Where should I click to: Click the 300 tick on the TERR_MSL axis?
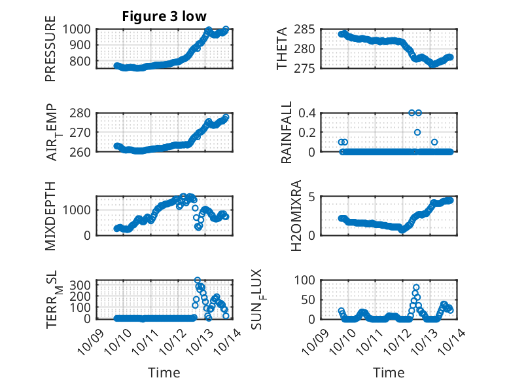tap(84, 286)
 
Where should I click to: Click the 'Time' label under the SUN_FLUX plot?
tap(389, 373)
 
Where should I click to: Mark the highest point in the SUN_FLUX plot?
tap(416, 287)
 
